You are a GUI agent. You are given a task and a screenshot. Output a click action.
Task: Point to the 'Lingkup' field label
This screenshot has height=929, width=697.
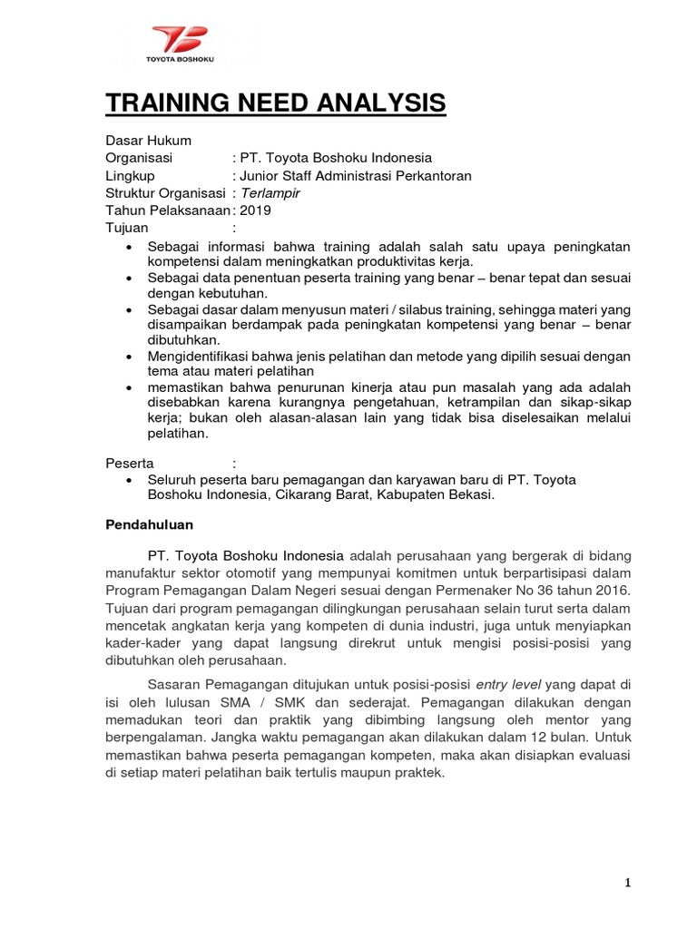(131, 175)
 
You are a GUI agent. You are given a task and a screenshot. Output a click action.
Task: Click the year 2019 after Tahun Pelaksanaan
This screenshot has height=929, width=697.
(255, 210)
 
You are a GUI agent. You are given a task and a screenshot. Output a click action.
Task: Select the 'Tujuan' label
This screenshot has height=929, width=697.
(128, 228)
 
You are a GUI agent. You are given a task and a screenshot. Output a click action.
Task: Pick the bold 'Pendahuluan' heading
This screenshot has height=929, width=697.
(150, 524)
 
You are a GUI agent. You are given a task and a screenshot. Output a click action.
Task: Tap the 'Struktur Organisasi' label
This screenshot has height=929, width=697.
(167, 192)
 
